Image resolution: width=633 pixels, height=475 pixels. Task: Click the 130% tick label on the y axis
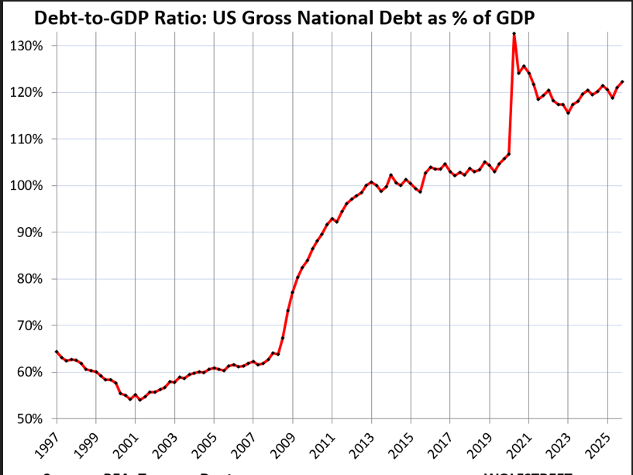click(26, 46)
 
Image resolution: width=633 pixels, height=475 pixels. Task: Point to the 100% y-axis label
click(26, 186)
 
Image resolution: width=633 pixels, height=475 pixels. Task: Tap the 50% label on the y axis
click(29, 419)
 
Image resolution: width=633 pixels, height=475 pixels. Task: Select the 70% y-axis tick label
click(29, 325)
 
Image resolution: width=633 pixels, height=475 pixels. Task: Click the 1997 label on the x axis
click(46, 448)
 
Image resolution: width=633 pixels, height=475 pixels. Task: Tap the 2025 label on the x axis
click(597, 448)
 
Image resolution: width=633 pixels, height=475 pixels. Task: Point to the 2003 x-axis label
click(165, 448)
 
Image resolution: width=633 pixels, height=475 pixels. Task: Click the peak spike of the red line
click(514, 34)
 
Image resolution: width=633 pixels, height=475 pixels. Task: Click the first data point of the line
click(57, 351)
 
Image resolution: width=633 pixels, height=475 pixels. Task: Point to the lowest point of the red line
click(139, 400)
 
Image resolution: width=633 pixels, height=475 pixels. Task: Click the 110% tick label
click(26, 139)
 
